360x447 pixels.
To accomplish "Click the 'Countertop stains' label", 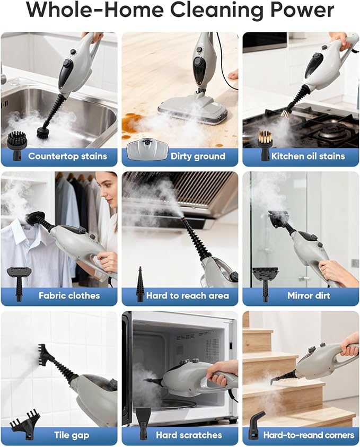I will point(67,156).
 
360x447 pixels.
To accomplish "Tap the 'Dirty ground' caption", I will point(197,156).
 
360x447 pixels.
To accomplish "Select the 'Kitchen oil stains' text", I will point(308,156).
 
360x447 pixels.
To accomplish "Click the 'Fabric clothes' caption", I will point(69,296).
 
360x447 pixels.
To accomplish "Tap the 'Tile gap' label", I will point(72,435).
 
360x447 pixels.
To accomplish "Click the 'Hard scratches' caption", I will point(189,435).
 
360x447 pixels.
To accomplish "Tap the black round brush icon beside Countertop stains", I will point(19,143).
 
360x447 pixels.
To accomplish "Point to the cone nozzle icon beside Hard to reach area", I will point(141,284).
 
